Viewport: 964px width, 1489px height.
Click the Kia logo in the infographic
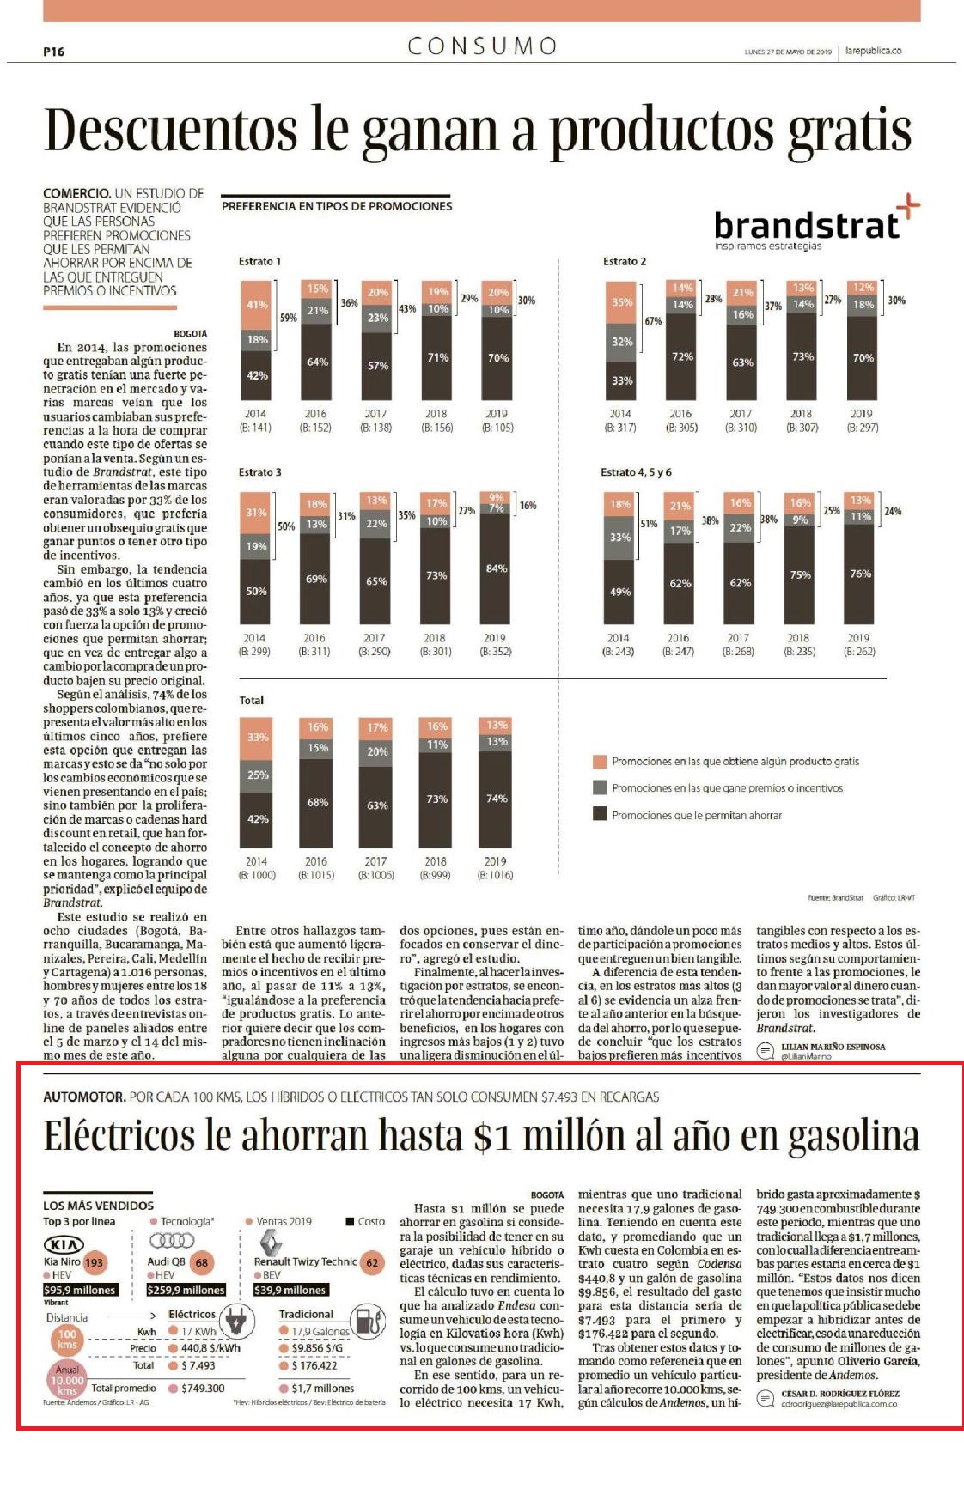coord(64,1244)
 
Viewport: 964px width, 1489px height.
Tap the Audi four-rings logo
coord(172,1241)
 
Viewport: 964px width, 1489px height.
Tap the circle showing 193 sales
coord(94,1262)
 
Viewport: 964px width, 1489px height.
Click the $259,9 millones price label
coord(186,1290)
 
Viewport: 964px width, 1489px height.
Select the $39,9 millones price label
coord(290,1290)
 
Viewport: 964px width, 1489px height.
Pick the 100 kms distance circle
coord(66,1339)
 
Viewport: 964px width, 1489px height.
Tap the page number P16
coord(53,52)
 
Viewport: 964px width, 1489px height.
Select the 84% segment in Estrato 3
coord(496,568)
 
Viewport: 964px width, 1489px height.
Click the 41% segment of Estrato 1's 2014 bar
coord(257,305)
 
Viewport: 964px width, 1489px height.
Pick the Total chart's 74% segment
coord(497,798)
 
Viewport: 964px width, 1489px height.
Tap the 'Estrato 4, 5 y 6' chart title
coord(636,472)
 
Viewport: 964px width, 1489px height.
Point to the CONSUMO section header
coord(482,46)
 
